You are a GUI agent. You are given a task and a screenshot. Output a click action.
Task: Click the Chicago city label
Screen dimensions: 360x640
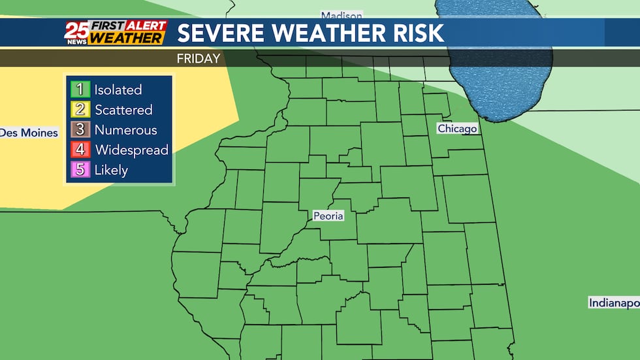coord(457,129)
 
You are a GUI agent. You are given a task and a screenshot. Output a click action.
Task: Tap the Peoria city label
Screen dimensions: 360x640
coord(328,216)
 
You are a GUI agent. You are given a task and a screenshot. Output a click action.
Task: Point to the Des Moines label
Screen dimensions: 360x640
coord(29,133)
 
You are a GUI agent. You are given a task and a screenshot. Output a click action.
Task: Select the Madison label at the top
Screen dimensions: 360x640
coord(341,15)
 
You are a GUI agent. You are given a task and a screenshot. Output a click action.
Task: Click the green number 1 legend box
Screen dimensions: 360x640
coord(80,90)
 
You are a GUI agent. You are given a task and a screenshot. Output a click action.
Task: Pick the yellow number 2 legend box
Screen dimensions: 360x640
coord(80,110)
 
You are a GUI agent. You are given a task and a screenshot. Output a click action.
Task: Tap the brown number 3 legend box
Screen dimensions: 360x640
coord(80,129)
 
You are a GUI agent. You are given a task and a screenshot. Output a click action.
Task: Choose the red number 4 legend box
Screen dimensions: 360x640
coord(80,150)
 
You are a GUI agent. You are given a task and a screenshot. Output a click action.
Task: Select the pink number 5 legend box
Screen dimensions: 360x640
coord(80,170)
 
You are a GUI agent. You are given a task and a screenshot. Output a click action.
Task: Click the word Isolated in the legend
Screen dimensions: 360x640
coord(118,90)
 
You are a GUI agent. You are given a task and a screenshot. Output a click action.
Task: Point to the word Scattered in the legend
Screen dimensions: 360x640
coord(123,110)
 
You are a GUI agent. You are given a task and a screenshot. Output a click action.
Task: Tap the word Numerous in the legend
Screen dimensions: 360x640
coord(126,129)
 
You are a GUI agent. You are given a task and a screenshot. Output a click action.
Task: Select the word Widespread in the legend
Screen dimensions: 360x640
coord(132,150)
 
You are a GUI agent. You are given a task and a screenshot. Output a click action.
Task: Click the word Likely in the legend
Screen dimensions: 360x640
coord(111,170)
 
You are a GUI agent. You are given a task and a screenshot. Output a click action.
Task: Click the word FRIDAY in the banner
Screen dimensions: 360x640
coord(199,58)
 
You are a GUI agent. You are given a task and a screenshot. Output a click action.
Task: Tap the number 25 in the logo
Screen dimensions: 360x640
coord(75,29)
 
